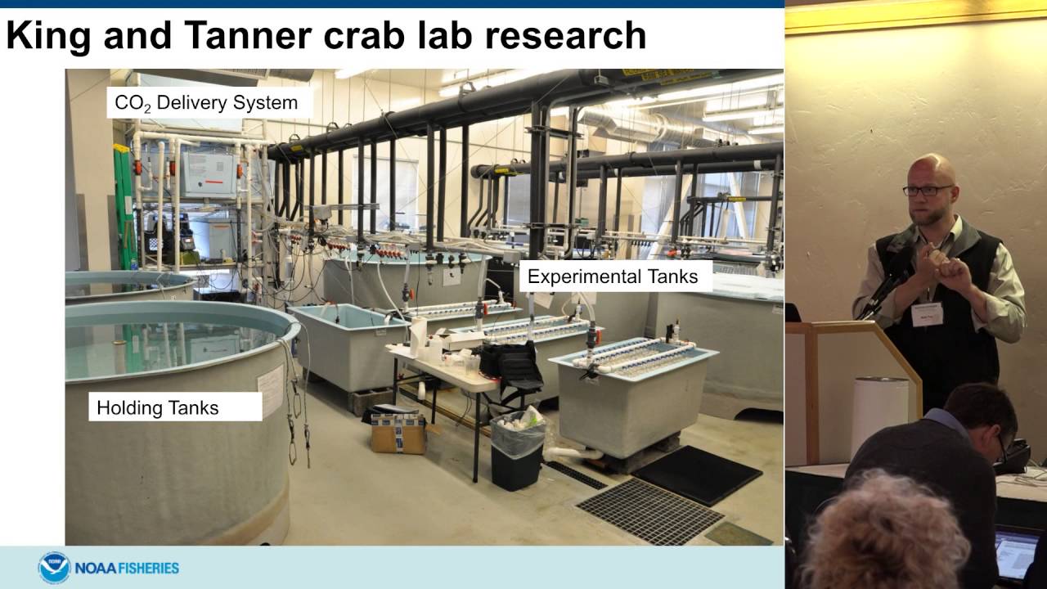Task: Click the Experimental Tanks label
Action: click(x=613, y=277)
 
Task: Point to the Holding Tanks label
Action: click(x=158, y=407)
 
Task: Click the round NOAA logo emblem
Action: click(x=54, y=567)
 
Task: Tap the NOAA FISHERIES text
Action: click(x=127, y=568)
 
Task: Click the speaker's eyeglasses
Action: click(x=928, y=191)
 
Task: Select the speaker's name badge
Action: click(x=927, y=314)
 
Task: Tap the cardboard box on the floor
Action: click(x=398, y=434)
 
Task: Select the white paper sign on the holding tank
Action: click(x=270, y=390)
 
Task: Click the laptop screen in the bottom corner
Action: click(x=1016, y=552)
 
